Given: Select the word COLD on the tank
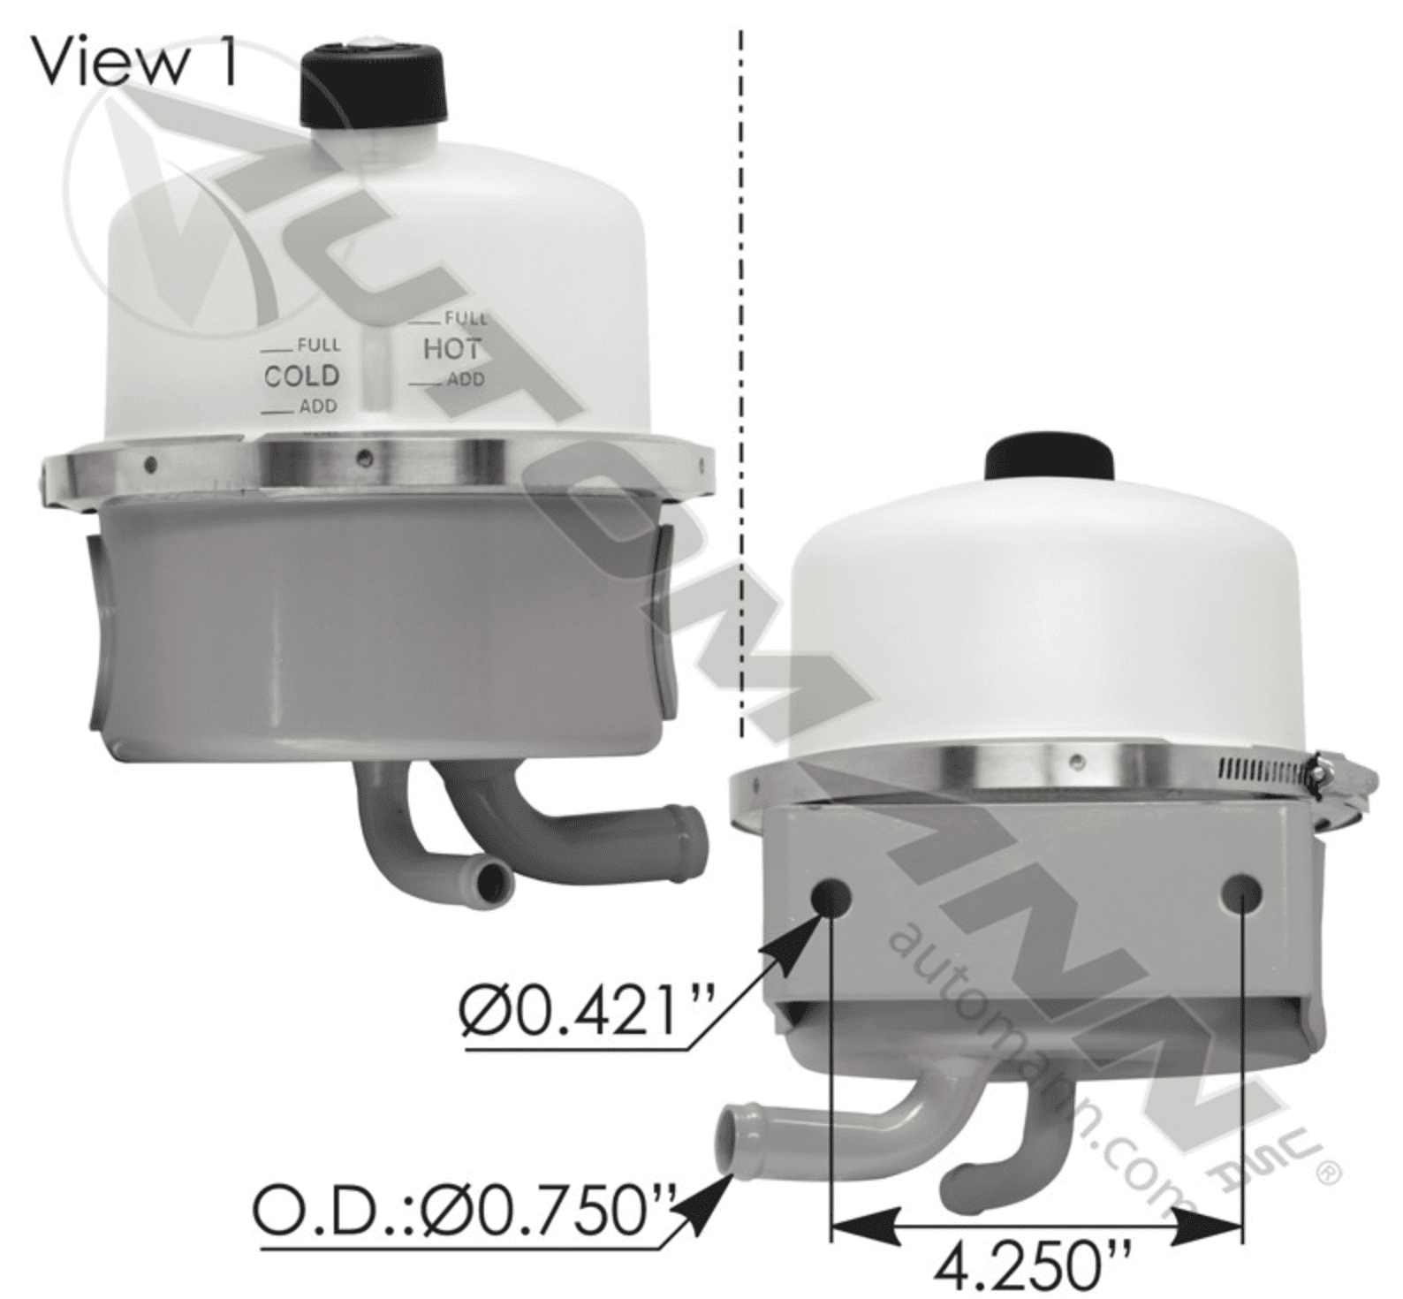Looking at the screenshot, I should coord(301,376).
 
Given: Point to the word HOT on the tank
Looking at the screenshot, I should coord(451,349).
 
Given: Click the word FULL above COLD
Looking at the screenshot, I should coord(318,345).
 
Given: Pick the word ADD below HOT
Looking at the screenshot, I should coord(466,379).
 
